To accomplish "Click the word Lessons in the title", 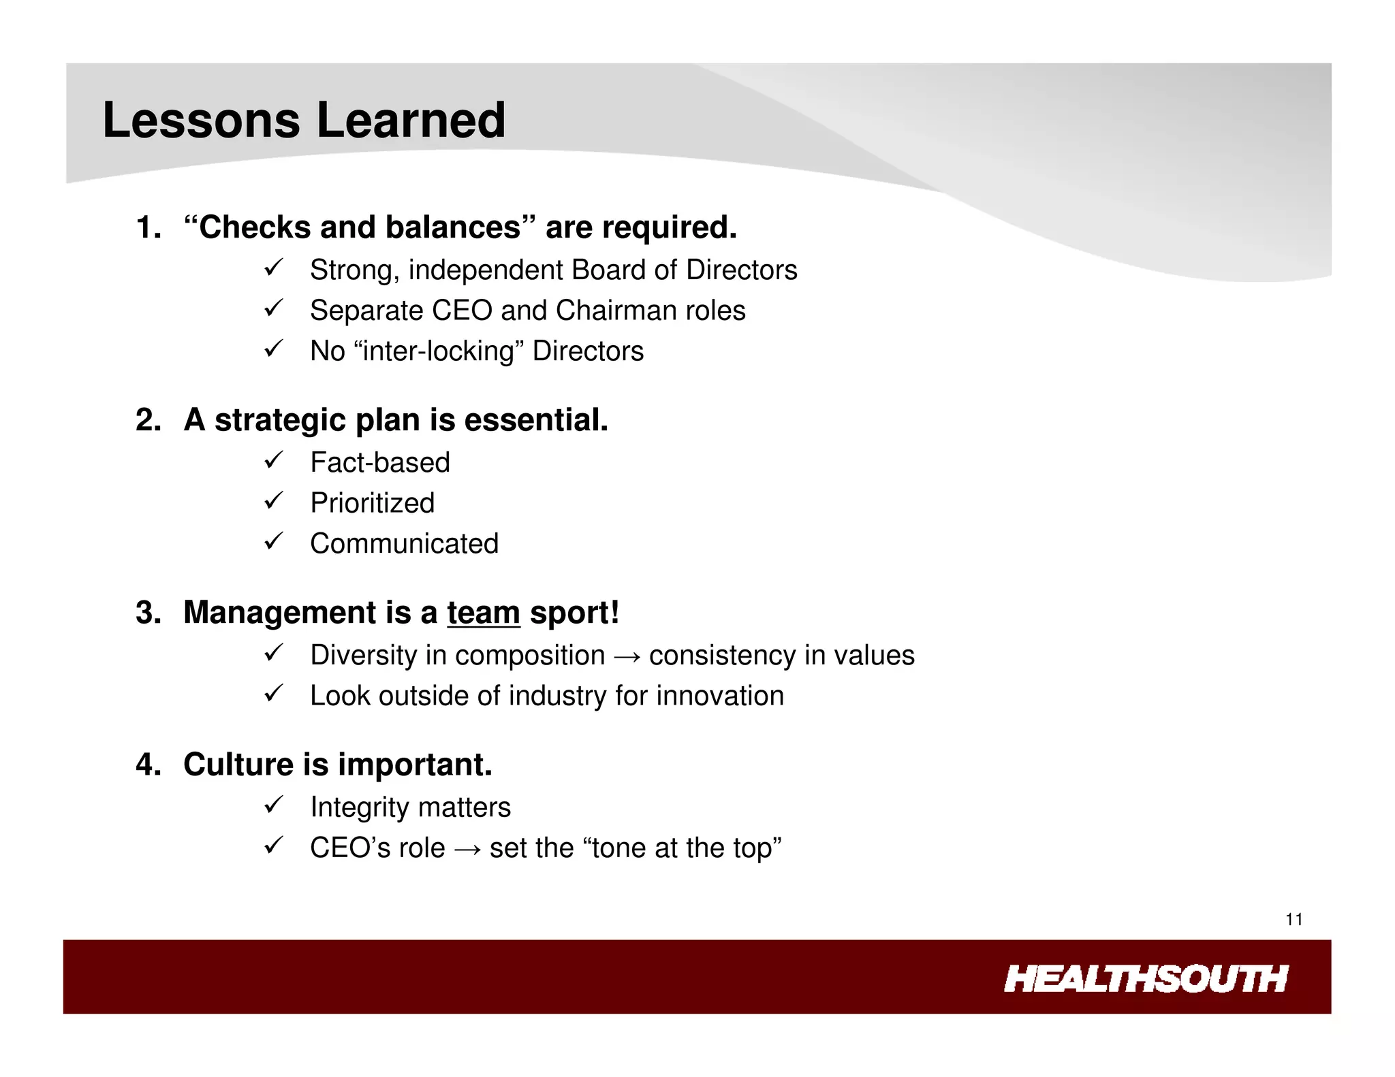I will [201, 120].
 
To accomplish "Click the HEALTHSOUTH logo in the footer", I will [1145, 979].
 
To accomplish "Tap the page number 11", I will [1294, 920].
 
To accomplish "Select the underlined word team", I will [483, 613].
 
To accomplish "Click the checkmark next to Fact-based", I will [273, 461].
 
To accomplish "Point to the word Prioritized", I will [372, 503].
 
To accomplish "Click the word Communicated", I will [404, 544].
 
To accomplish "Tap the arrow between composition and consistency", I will [627, 656].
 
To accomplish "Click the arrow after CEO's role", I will [467, 849].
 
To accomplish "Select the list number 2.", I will [147, 420].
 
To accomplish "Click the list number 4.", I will [147, 765].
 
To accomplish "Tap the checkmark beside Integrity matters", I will [273, 805].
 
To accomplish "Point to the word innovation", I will [720, 696].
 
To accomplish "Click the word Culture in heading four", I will [238, 765].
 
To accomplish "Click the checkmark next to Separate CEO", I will [273, 308].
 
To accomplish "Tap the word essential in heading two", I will [535, 420].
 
